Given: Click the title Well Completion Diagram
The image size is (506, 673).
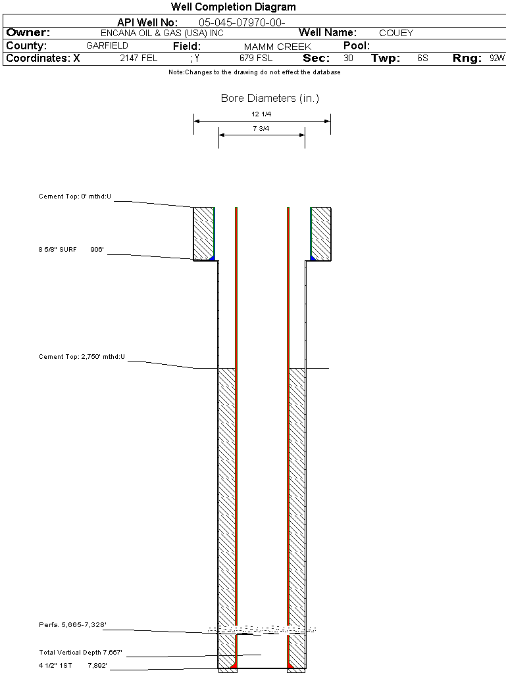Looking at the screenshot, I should [x=233, y=7].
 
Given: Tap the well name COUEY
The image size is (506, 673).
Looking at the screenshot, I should [x=396, y=33].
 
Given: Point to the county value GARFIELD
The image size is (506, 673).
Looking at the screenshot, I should [x=107, y=46].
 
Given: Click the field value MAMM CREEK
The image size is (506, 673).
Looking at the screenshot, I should [x=277, y=47].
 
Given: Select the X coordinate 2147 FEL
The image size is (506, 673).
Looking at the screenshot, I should [x=138, y=58].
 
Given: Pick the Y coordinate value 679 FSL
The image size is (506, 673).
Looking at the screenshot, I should [x=256, y=58].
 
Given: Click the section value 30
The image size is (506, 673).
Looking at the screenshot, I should [x=348, y=58].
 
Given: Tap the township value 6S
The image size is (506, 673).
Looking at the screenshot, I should [x=422, y=58].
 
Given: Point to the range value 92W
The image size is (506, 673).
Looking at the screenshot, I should [x=497, y=58].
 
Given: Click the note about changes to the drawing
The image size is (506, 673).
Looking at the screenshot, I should [x=254, y=72].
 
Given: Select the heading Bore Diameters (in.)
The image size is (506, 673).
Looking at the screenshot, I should [x=270, y=99].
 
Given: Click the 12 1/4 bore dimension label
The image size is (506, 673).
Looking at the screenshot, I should [x=261, y=114].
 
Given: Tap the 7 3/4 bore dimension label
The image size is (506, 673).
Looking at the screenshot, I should [x=261, y=129].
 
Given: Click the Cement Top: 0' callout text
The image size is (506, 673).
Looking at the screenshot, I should [x=75, y=197].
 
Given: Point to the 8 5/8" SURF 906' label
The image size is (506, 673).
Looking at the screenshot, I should [x=71, y=250].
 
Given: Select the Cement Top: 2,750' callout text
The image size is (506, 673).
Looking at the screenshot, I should [x=82, y=357].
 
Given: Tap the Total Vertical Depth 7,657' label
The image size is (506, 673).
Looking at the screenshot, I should [x=80, y=653].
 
